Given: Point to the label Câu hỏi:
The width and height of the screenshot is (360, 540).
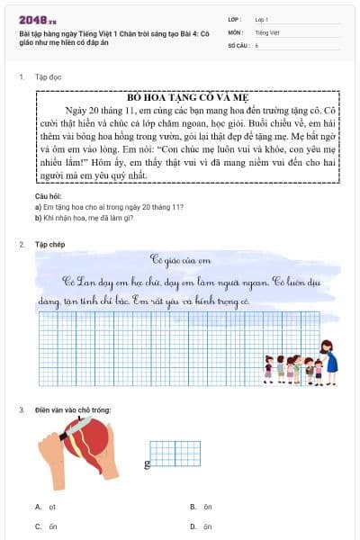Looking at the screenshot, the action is (x=49, y=195).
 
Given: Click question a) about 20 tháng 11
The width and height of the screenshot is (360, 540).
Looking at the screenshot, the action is (x=110, y=206).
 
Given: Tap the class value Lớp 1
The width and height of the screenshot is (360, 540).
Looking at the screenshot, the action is (x=262, y=18).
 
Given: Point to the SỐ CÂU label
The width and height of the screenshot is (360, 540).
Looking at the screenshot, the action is (x=238, y=44).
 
